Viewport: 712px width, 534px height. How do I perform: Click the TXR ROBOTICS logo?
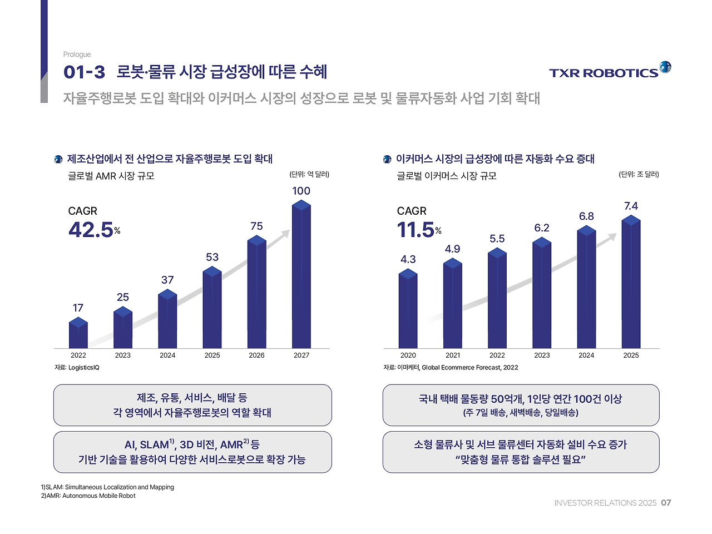pyautogui.click(x=610, y=71)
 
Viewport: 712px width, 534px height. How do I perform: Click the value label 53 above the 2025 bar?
pyautogui.click(x=212, y=257)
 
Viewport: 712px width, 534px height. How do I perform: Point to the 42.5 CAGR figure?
pyautogui.click(x=91, y=230)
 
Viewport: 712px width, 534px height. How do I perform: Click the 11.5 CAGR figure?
pyautogui.click(x=416, y=230)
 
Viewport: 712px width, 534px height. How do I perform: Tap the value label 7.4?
pyautogui.click(x=631, y=206)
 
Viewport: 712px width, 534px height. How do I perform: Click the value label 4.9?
pyautogui.click(x=452, y=249)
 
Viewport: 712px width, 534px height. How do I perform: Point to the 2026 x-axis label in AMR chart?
pyautogui.click(x=256, y=355)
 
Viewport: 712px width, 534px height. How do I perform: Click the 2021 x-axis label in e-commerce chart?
pyautogui.click(x=453, y=355)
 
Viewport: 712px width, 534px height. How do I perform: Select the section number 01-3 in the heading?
pyautogui.click(x=84, y=72)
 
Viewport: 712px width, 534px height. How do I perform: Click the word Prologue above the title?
pyautogui.click(x=77, y=55)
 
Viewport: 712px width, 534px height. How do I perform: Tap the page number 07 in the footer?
pyautogui.click(x=666, y=503)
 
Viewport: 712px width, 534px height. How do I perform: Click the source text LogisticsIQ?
pyautogui.click(x=83, y=368)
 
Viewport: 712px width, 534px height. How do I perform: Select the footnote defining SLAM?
pyautogui.click(x=107, y=487)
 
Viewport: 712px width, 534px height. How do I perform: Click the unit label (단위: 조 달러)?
pyautogui.click(x=639, y=174)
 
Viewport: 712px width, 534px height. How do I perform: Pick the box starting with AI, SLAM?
pyautogui.click(x=192, y=452)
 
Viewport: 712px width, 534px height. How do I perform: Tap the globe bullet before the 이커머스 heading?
pyautogui.click(x=387, y=160)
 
